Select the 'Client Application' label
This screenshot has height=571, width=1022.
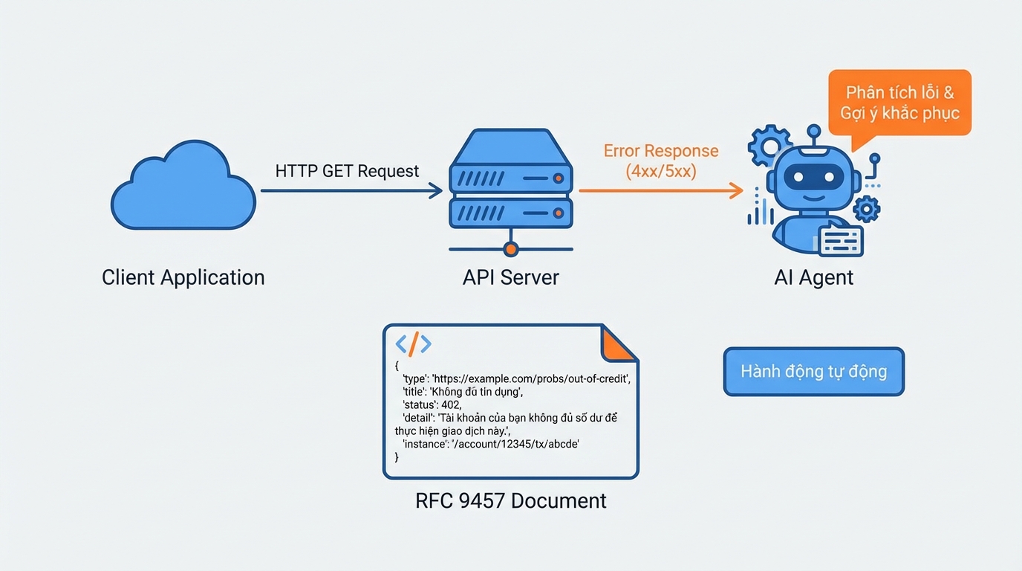click(x=183, y=277)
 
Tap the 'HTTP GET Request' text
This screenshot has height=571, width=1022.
click(x=347, y=171)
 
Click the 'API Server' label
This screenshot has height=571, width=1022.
click(x=511, y=277)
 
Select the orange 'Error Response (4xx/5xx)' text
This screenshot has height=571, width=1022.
click(x=660, y=161)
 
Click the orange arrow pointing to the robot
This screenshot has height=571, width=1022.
click(x=660, y=191)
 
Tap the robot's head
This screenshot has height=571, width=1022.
click(x=814, y=178)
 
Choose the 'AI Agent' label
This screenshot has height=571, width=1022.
click(x=814, y=277)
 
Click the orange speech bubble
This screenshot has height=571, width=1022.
click(x=899, y=103)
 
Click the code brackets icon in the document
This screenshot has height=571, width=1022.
click(x=413, y=343)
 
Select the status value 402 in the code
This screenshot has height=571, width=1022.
click(x=450, y=404)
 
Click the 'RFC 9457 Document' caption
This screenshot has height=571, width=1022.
click(x=511, y=500)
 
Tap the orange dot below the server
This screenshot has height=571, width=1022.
click(x=510, y=249)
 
